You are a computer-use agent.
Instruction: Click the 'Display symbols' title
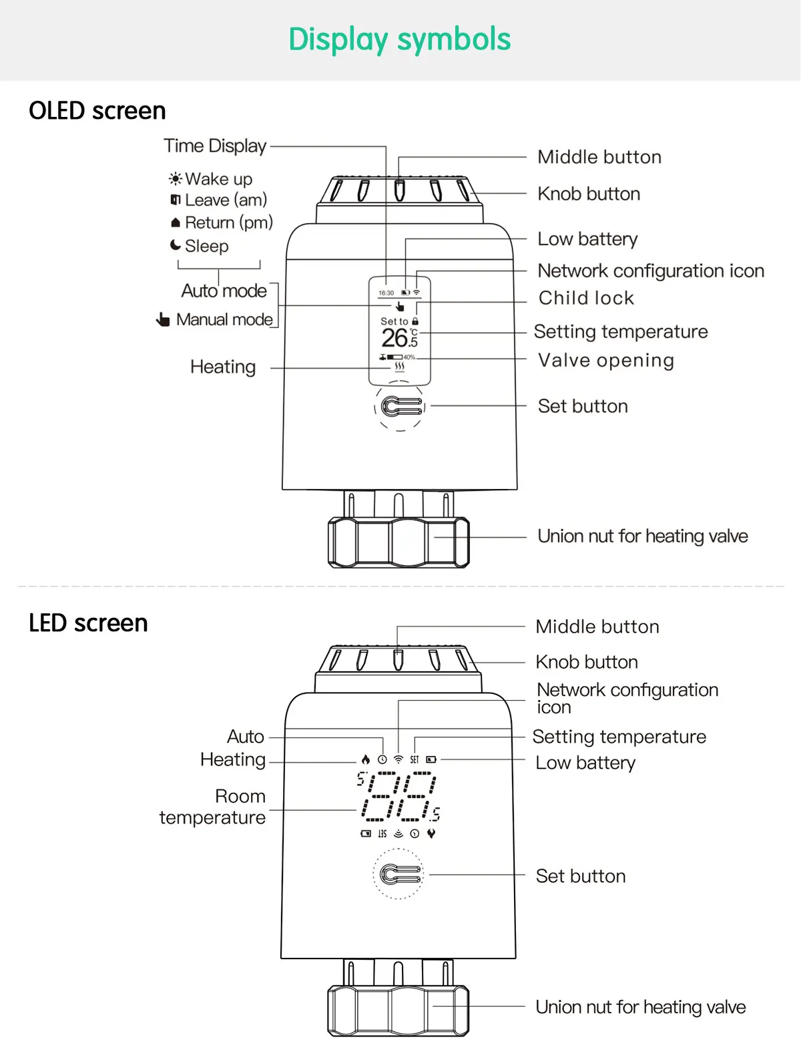(x=400, y=39)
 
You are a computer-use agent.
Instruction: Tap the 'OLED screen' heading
(x=97, y=111)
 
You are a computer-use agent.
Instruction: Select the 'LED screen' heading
(x=88, y=623)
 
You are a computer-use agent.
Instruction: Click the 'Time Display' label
(x=215, y=146)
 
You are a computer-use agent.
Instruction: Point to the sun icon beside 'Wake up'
(x=176, y=179)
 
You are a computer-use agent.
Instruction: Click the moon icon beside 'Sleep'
(x=176, y=245)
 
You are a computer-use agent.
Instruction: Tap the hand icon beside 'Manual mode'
(x=163, y=319)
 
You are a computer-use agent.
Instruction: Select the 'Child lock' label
(x=586, y=298)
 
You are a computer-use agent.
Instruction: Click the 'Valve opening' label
(x=606, y=360)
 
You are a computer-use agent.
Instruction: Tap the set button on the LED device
(x=398, y=874)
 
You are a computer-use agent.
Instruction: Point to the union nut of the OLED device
(x=399, y=542)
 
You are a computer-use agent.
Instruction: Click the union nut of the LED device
(x=398, y=1011)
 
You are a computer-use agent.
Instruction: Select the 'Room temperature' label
(x=212, y=807)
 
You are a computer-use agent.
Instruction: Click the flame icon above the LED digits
(x=365, y=759)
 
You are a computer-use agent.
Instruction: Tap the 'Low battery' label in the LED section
(x=585, y=763)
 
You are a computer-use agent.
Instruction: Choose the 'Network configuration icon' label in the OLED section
(x=651, y=271)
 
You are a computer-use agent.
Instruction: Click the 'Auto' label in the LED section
(x=246, y=736)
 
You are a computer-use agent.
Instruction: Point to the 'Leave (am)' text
(x=226, y=200)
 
